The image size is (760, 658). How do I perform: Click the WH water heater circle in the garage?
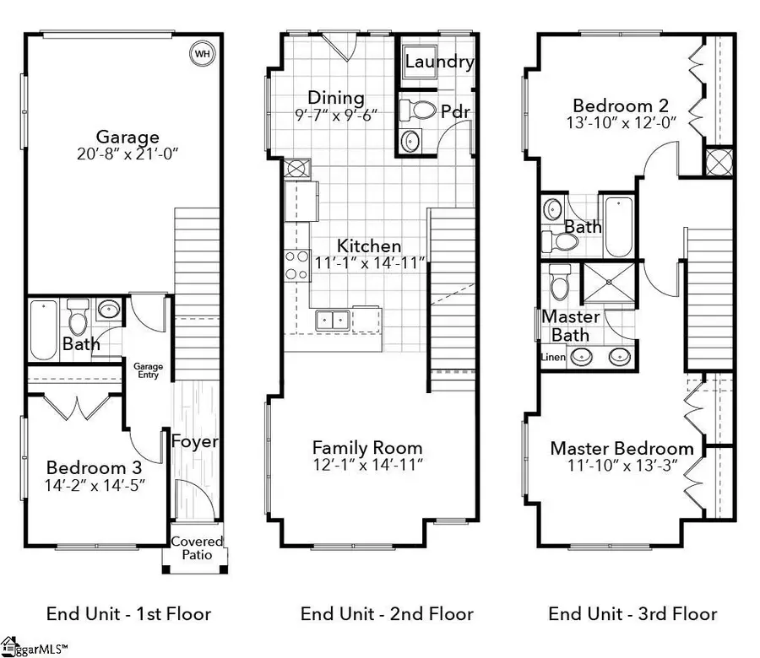pos(202,53)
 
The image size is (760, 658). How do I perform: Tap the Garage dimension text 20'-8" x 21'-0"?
pos(128,154)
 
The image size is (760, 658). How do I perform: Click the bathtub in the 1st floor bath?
pos(44,330)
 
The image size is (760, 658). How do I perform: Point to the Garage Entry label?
pos(149,370)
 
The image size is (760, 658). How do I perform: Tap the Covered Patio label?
pos(197,547)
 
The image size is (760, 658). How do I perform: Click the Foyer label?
pos(195,441)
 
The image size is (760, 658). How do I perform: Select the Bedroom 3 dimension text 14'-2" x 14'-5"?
pos(95,485)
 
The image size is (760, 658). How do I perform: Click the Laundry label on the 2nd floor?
pos(439,62)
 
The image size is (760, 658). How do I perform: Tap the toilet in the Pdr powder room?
pos(417,110)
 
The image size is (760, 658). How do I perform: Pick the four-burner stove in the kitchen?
pos(297,265)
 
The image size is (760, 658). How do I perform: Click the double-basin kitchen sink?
pos(333,320)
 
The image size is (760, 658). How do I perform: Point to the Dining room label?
pos(336,97)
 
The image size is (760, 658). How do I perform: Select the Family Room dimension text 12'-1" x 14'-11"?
pos(368,465)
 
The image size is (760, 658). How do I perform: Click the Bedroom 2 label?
pos(621,105)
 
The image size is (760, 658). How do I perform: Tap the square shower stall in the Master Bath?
pos(609,283)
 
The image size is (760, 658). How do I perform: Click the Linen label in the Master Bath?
pos(553,358)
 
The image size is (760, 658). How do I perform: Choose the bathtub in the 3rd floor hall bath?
pos(619,227)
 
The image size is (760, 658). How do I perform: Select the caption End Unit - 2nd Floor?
pos(387,614)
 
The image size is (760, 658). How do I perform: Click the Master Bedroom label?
pos(622,448)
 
